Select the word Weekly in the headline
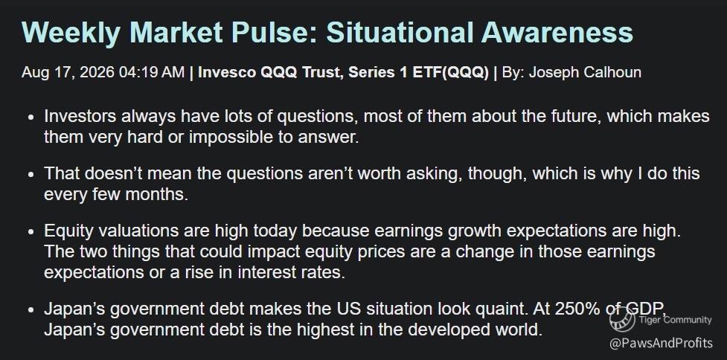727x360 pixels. click(x=71, y=33)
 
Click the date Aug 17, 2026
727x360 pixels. click(x=68, y=73)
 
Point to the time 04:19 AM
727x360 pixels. click(x=152, y=73)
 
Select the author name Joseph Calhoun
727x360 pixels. click(x=585, y=73)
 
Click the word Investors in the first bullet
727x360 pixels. click(x=80, y=116)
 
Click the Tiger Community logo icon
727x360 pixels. click(x=622, y=320)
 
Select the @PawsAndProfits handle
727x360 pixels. click(x=661, y=344)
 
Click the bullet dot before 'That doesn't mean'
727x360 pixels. click(x=31, y=174)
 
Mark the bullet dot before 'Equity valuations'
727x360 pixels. click(x=31, y=231)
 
